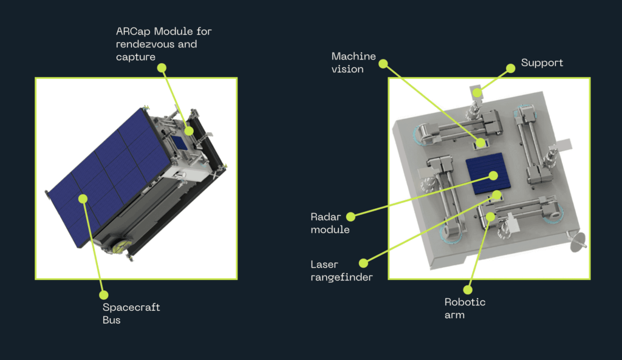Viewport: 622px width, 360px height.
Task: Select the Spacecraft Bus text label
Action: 131,314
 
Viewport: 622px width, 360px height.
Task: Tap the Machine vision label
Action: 354,63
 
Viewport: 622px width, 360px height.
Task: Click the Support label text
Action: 542,63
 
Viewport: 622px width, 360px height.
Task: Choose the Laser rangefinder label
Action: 339,271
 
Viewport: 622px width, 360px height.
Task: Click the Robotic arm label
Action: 465,308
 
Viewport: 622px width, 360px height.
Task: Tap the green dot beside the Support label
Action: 511,69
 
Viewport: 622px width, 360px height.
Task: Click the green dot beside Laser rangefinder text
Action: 363,263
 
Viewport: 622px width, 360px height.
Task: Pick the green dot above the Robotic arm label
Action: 468,290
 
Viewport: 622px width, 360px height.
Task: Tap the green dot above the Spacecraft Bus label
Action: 103,295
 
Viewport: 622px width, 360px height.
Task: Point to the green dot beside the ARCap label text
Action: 162,68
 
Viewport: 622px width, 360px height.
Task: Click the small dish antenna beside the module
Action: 576,241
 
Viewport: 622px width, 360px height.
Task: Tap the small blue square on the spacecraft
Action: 180,141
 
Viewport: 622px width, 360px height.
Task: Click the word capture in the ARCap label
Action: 135,57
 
